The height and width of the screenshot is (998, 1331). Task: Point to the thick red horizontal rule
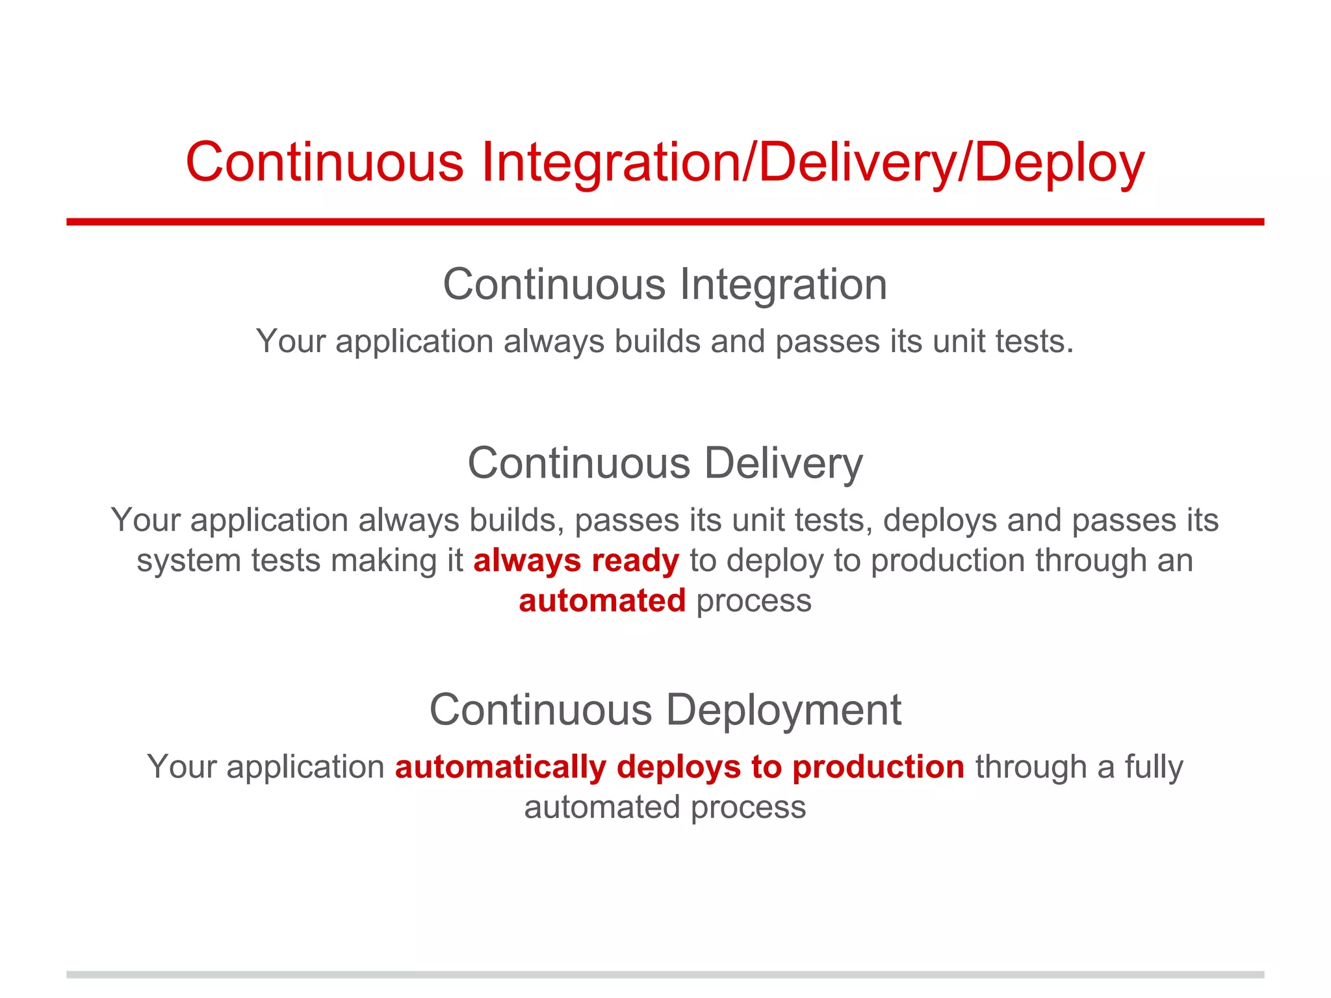[665, 222]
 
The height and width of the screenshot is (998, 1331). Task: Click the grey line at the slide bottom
[665, 975]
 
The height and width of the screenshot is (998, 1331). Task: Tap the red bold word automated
[602, 600]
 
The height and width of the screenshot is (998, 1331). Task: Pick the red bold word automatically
[500, 767]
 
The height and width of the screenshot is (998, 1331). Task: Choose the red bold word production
[878, 767]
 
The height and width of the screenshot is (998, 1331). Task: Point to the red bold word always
[526, 561]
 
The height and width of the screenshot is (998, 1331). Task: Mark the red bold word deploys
[678, 767]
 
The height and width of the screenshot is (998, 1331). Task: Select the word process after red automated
[754, 600]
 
